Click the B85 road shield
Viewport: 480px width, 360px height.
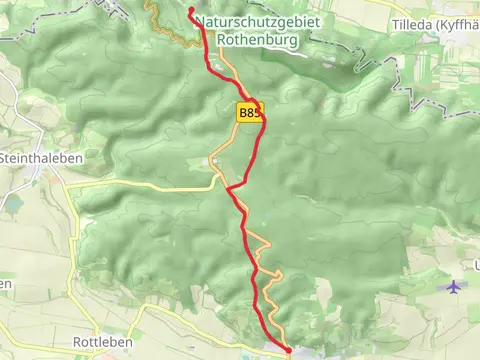pyautogui.click(x=251, y=113)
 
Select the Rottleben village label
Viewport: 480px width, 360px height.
pyautogui.click(x=101, y=342)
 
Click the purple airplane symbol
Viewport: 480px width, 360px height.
pyautogui.click(x=456, y=287)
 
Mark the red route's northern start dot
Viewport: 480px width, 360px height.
pyautogui.click(x=190, y=11)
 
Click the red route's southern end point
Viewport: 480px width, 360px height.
pyautogui.click(x=288, y=349)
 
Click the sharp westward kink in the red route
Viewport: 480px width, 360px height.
pyautogui.click(x=229, y=187)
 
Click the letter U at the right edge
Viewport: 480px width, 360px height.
pyautogui.click(x=476, y=265)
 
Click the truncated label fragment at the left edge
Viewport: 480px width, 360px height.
pyautogui.click(x=5, y=284)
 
